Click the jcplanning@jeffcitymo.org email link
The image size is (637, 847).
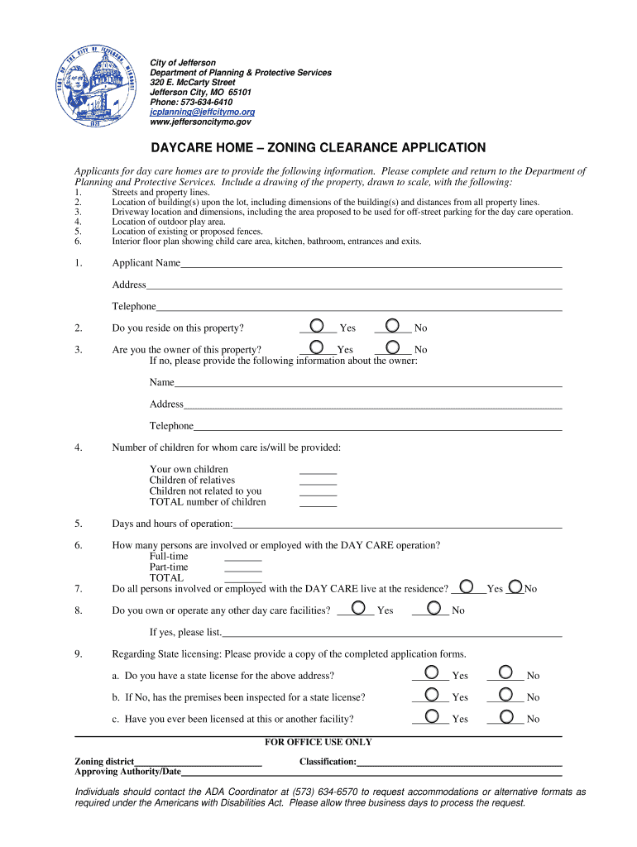point(202,112)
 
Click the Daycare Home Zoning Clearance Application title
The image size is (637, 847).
point(317,148)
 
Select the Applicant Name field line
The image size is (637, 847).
point(371,265)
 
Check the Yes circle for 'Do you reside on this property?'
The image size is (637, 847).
point(316,326)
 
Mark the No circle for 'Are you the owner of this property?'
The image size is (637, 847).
point(392,347)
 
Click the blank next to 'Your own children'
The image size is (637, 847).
point(318,471)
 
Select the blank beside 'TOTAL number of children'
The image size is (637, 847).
point(318,503)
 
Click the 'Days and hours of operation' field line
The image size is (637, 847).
point(397,525)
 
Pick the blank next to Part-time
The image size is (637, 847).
point(243,569)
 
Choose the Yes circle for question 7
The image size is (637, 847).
point(467,586)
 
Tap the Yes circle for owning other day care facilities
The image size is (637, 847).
point(358,608)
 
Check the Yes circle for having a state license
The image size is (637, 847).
point(430,673)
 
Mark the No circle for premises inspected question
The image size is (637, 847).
point(505,696)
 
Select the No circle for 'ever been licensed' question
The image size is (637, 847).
point(505,717)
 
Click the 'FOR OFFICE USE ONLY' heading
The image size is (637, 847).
point(318,743)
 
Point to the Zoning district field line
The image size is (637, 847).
point(198,763)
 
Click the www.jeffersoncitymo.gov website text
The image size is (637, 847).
point(200,122)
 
